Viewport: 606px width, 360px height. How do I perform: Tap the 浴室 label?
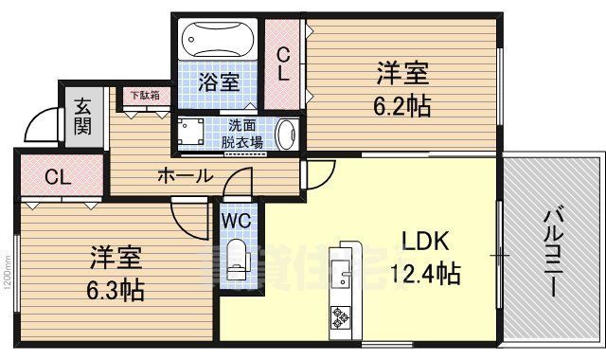[x=219, y=82]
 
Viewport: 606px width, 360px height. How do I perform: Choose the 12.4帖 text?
[x=425, y=275]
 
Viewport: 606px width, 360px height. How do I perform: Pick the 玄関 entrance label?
[x=82, y=115]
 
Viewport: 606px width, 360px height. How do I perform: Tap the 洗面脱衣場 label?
[x=241, y=134]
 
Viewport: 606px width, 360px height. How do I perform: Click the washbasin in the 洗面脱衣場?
[x=289, y=134]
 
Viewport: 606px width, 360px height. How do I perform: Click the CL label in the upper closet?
[x=283, y=63]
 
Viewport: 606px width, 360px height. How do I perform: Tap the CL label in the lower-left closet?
[x=57, y=176]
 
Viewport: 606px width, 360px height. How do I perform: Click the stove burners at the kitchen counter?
[x=340, y=317]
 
